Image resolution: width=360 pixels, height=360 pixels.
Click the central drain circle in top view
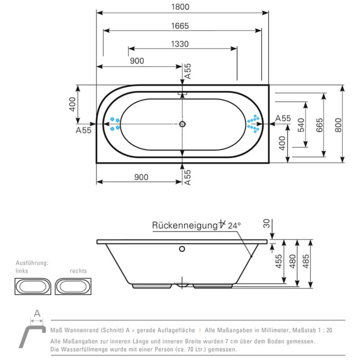pos(182,124)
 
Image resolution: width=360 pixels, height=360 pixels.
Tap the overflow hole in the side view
pos(181,250)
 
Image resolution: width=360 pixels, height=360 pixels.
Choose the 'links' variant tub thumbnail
pos(31,285)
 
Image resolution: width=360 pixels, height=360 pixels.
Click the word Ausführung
pos(31,263)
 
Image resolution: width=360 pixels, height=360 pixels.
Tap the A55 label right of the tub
pos(283,118)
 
